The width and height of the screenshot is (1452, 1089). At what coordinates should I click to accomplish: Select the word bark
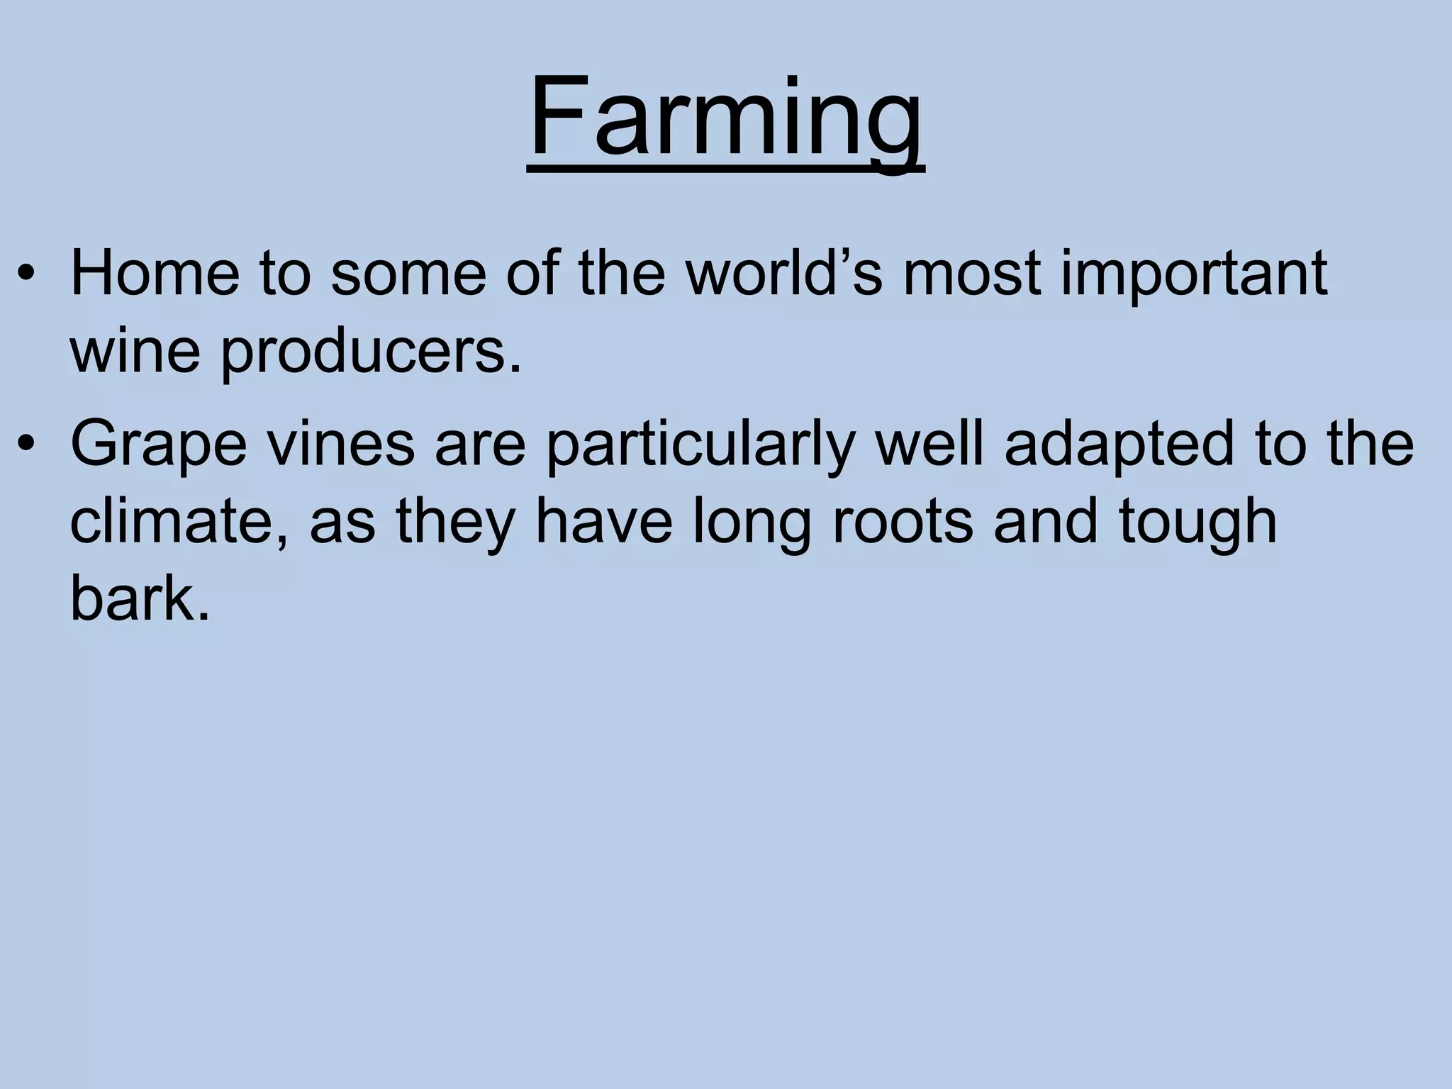[140, 598]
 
